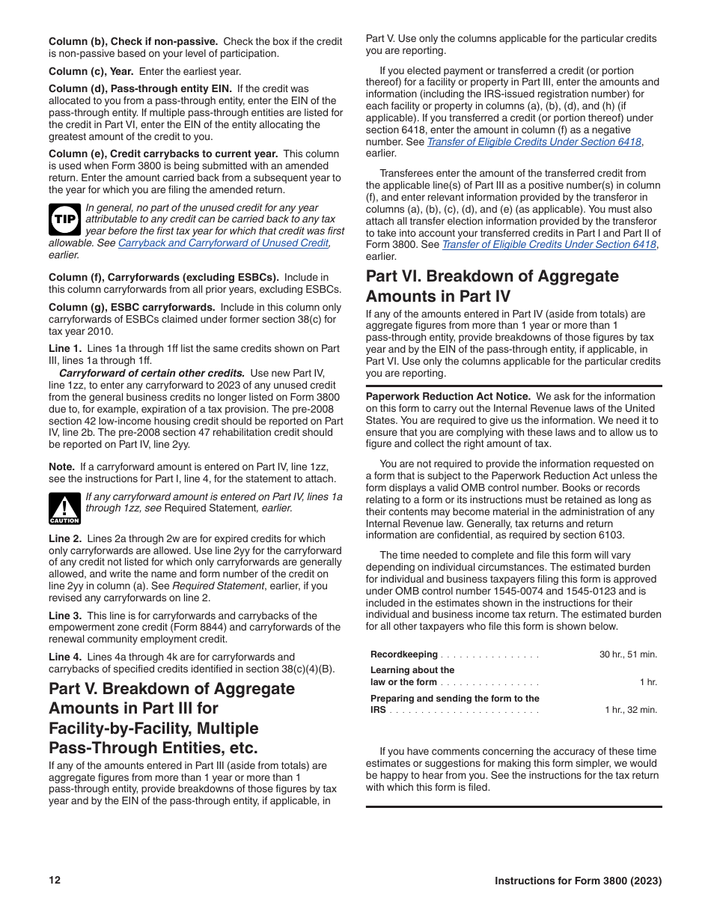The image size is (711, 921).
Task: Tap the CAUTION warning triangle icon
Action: (64, 508)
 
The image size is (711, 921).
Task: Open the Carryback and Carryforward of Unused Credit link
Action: (223, 243)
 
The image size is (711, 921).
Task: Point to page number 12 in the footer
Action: (55, 881)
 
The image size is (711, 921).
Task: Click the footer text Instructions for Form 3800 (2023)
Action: (578, 881)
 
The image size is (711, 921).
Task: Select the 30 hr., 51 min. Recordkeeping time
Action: (628, 654)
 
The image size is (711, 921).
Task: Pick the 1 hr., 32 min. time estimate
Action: (631, 710)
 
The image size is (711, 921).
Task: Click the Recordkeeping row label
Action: (404, 654)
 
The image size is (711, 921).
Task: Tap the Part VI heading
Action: (492, 285)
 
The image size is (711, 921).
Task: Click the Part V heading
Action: (171, 718)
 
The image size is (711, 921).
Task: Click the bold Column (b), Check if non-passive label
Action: (133, 41)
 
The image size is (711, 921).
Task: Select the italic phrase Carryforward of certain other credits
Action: (151, 373)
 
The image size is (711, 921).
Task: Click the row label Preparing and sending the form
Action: (454, 699)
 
